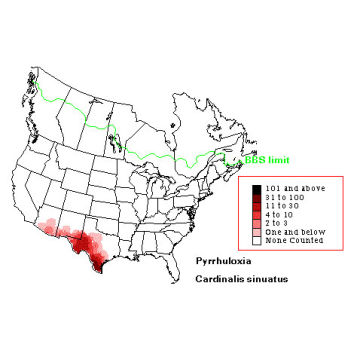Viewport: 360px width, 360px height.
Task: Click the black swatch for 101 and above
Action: click(256, 189)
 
